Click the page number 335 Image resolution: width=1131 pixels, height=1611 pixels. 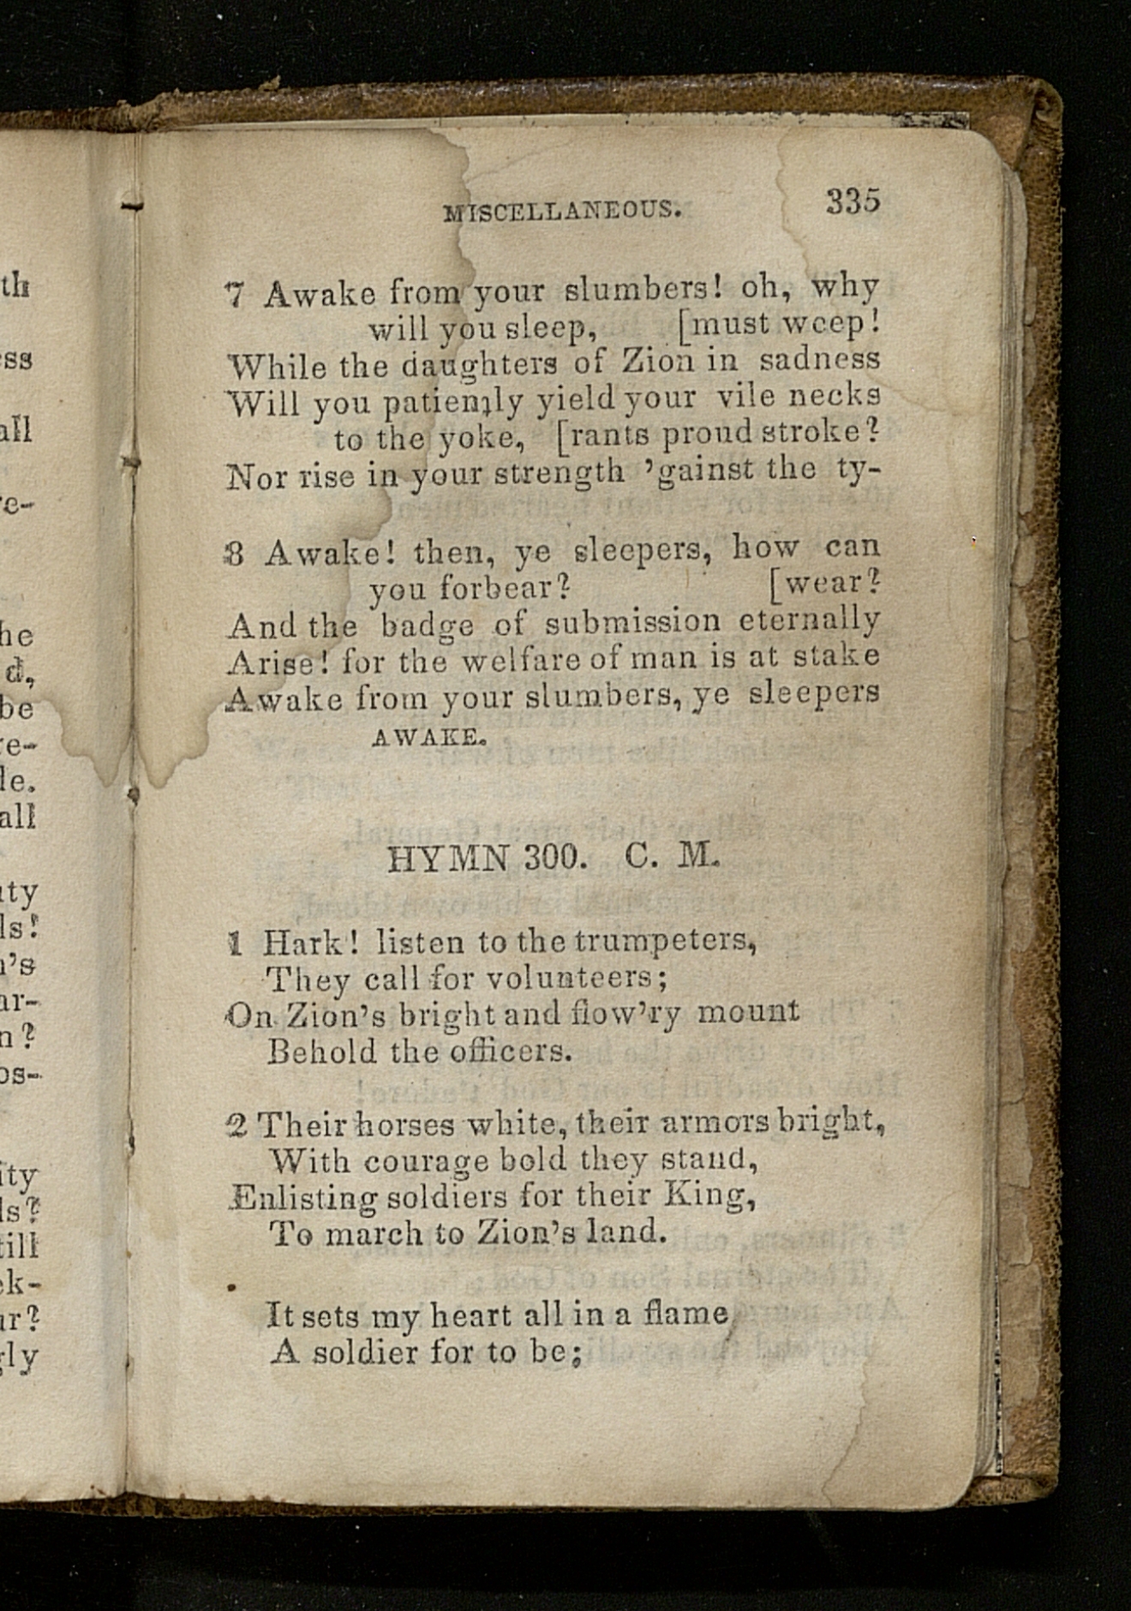[x=853, y=201]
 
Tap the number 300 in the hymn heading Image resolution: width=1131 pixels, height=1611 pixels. [x=554, y=857]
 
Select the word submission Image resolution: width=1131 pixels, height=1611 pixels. [x=632, y=622]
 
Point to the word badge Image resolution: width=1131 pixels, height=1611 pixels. [x=427, y=626]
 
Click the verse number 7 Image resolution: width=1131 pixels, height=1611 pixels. [x=235, y=296]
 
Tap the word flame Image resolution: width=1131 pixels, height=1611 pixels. [x=687, y=1313]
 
